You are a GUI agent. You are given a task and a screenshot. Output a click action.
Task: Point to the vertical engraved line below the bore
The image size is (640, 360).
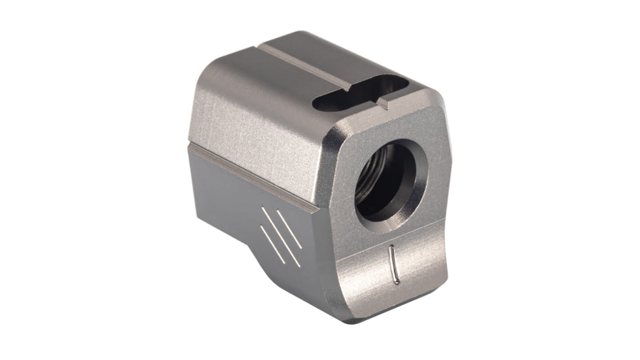point(393,264)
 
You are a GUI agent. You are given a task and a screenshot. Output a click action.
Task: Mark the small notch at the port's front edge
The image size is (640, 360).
point(382,102)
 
